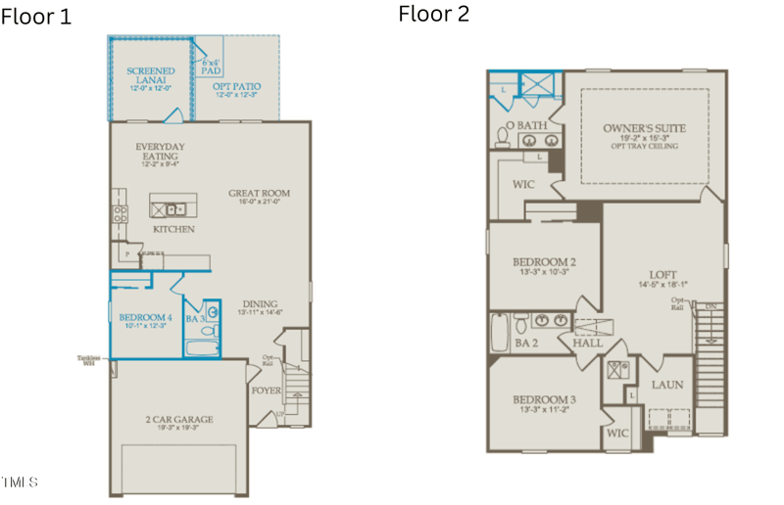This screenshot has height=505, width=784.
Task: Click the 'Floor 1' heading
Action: tap(36, 17)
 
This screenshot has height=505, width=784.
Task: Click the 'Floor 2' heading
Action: tap(433, 14)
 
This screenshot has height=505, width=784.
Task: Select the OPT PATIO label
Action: tap(237, 88)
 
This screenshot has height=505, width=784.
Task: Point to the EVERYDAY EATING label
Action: tap(160, 152)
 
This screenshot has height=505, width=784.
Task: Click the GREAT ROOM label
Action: tap(260, 194)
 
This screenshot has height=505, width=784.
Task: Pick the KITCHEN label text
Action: tap(173, 229)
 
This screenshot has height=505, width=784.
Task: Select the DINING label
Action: tap(260, 303)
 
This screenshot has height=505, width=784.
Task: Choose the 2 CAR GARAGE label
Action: tap(177, 419)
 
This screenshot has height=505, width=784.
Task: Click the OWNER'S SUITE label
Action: tap(644, 129)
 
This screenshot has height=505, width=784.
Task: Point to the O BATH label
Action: tap(526, 126)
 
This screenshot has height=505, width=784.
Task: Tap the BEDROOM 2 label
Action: tap(544, 262)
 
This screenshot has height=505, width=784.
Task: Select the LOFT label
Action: tap(663, 275)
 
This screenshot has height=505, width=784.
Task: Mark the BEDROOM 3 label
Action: tap(544, 400)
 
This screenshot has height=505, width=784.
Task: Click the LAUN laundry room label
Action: tap(667, 385)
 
